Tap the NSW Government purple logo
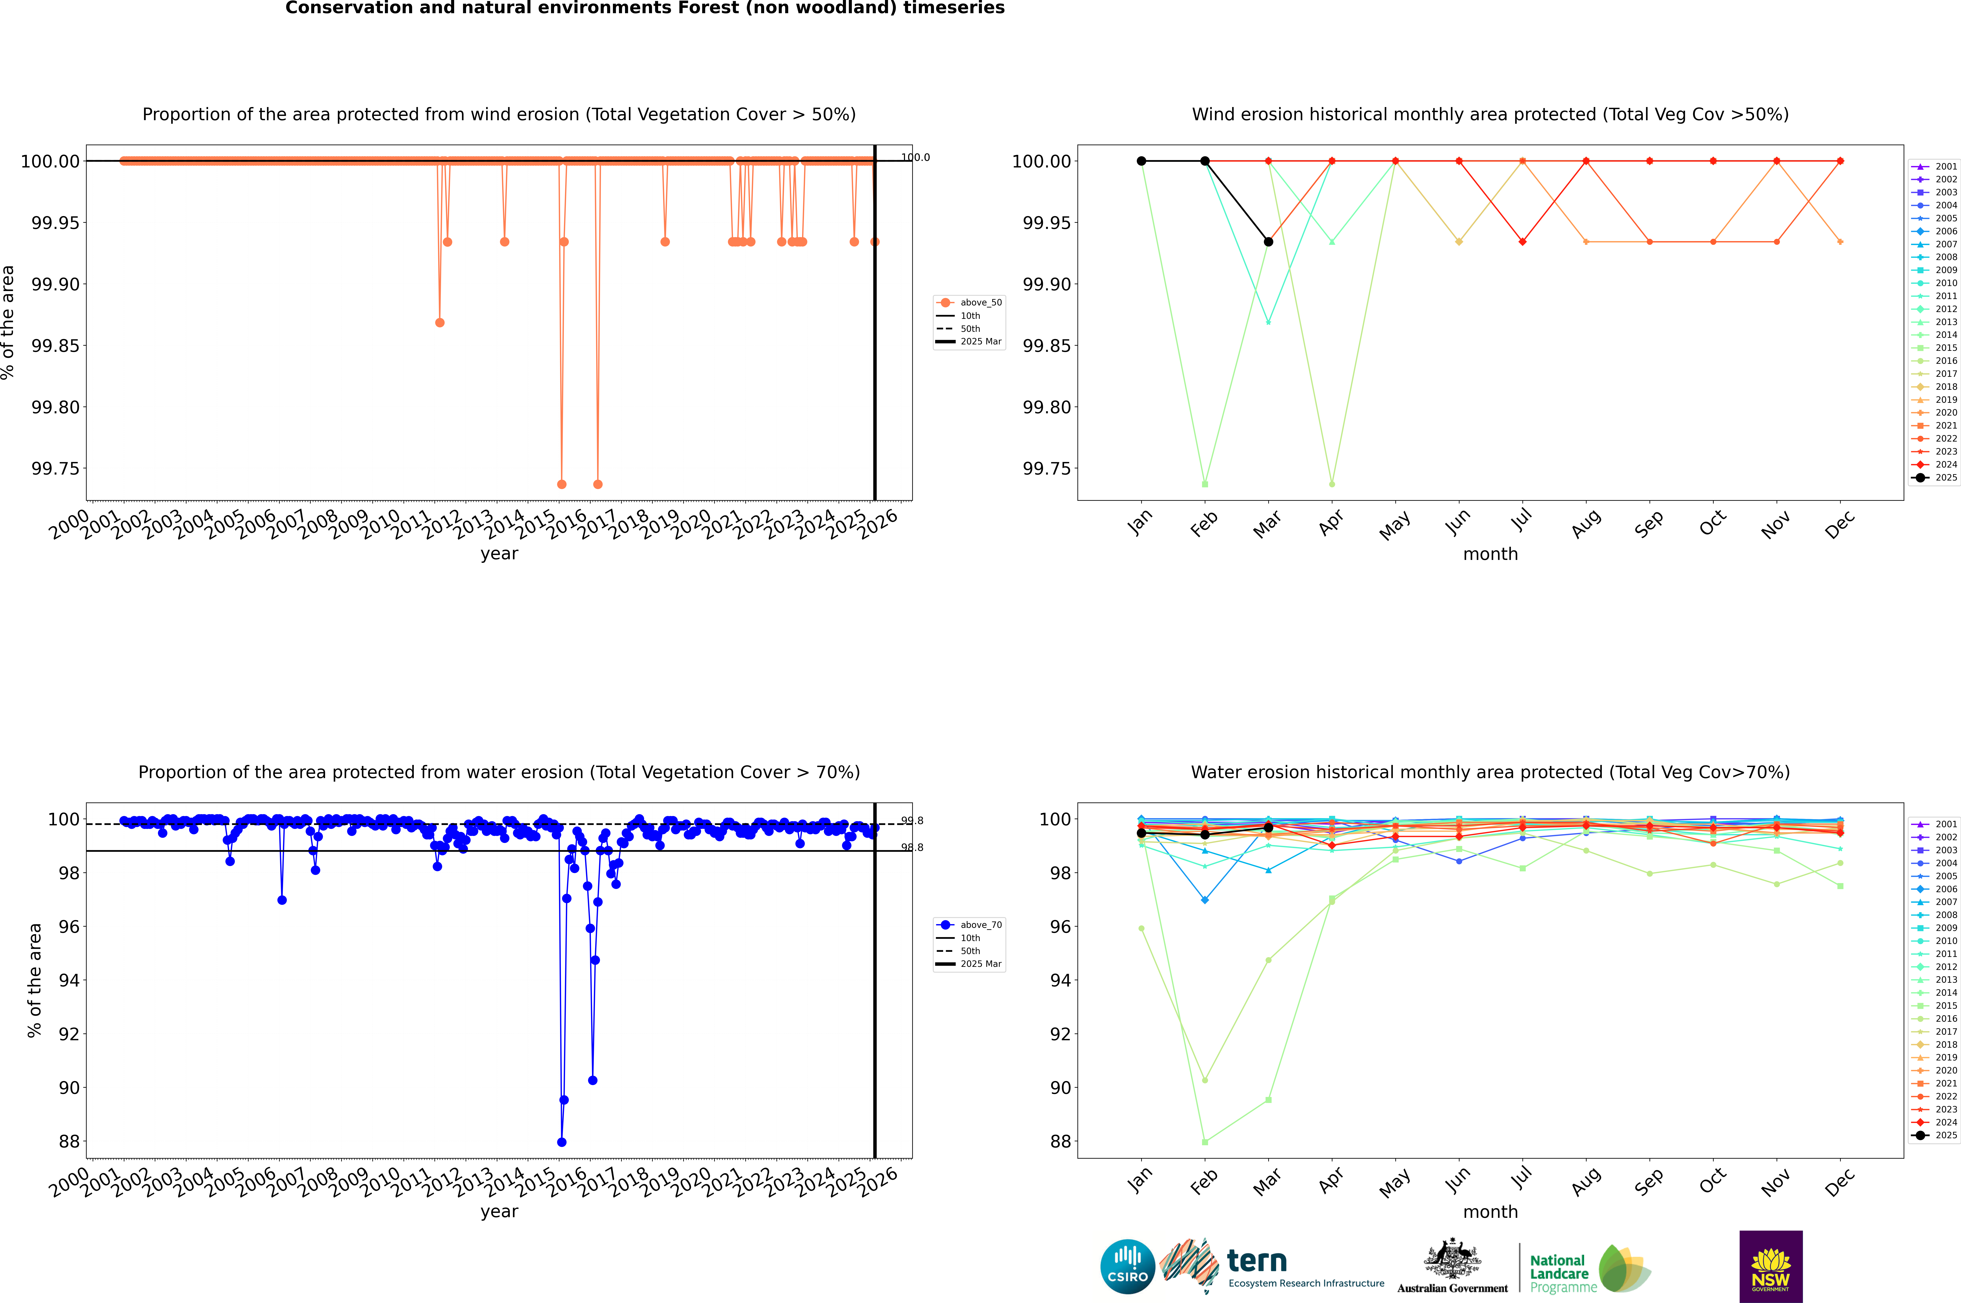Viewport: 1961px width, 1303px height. pos(1771,1266)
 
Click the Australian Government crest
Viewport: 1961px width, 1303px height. pos(1452,1261)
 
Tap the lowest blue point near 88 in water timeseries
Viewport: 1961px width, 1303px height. pos(562,1142)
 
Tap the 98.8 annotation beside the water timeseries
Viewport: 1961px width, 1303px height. pos(912,848)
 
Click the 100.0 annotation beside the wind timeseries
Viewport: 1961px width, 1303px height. pos(915,157)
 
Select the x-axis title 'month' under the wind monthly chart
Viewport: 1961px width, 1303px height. pos(1490,554)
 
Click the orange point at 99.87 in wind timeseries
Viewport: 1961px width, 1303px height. pos(440,322)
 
